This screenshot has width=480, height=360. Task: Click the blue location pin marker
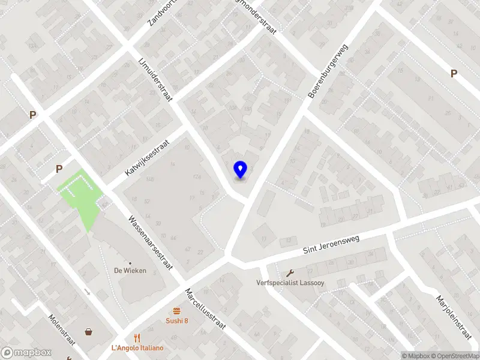click(x=240, y=170)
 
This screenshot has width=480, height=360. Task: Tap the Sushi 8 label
click(x=177, y=320)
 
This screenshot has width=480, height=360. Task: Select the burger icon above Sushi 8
click(x=177, y=311)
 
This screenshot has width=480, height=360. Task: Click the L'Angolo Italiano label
click(x=137, y=348)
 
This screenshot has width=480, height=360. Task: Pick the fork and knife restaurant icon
click(x=137, y=338)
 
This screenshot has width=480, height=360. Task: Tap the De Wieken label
click(x=130, y=271)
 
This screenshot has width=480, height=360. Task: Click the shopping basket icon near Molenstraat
click(x=89, y=331)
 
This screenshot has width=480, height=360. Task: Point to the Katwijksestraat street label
click(x=148, y=158)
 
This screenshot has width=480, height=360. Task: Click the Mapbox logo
click(x=26, y=353)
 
